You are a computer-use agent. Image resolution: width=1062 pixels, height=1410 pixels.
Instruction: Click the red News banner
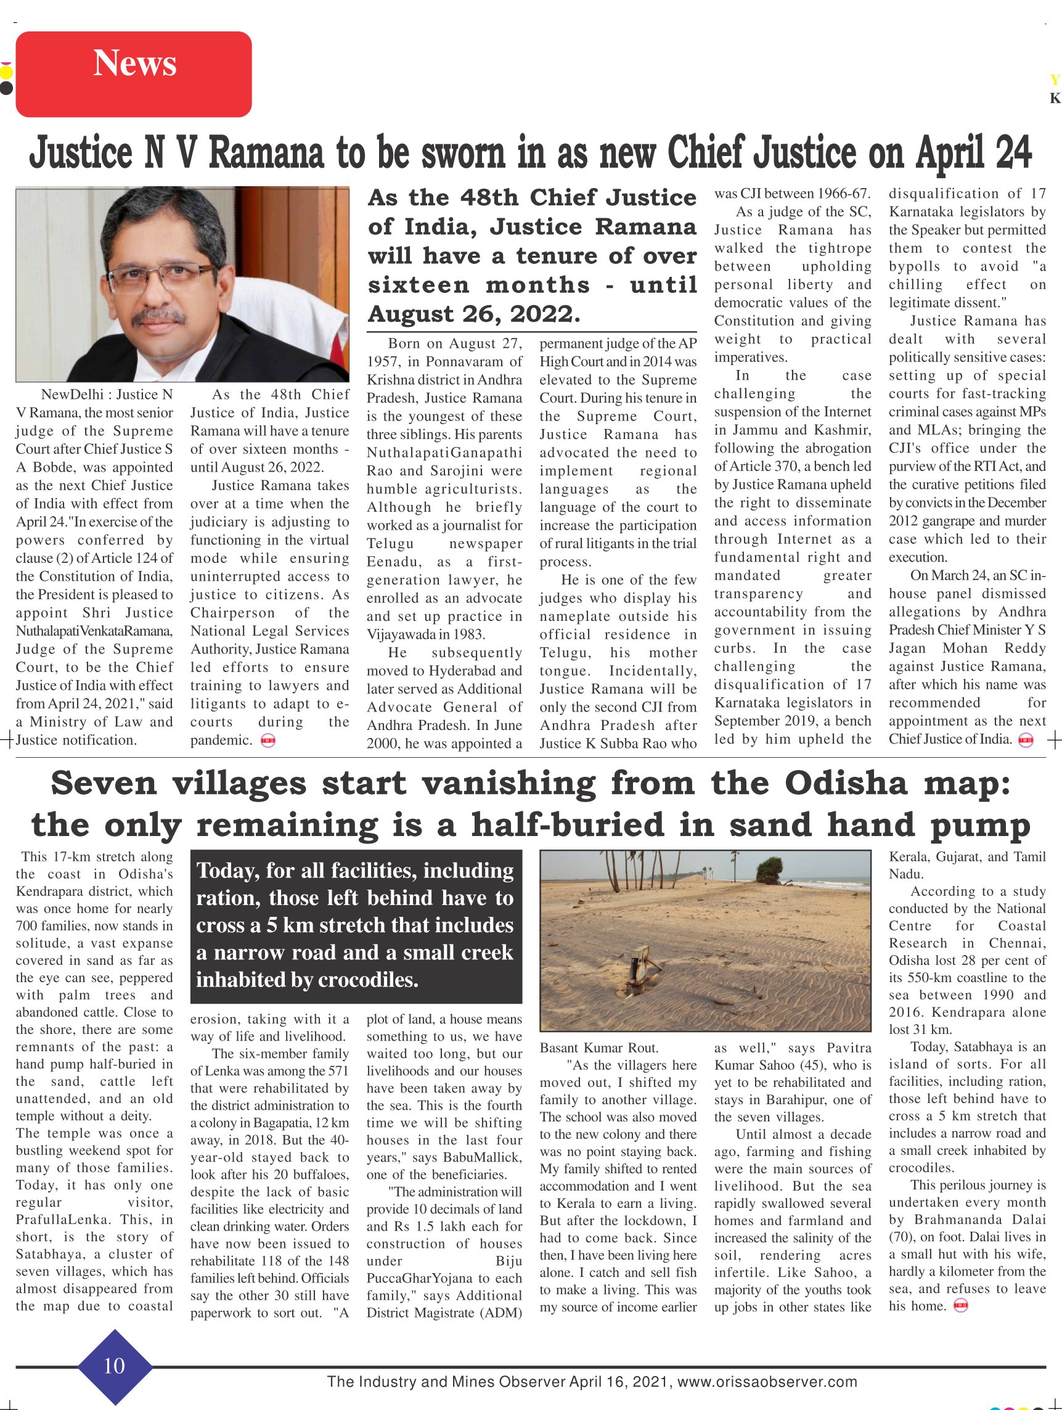(x=133, y=74)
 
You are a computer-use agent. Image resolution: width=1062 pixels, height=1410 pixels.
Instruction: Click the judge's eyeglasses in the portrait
(x=163, y=280)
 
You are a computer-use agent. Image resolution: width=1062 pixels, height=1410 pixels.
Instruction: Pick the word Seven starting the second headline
(x=104, y=784)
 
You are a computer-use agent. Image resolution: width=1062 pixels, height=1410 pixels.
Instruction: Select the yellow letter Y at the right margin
(x=1055, y=80)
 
